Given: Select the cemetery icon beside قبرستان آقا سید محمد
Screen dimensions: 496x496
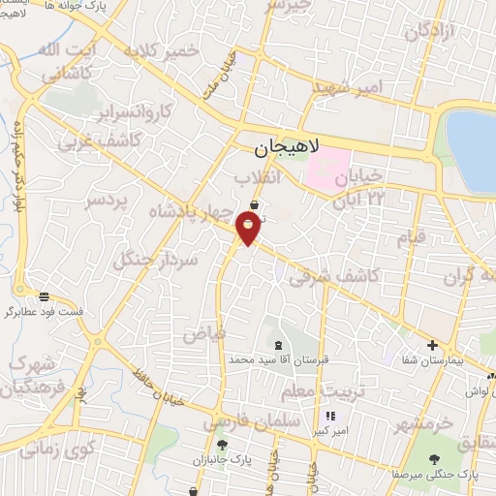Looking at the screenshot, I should (279, 345).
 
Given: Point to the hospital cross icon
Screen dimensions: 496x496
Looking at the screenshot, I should (432, 345).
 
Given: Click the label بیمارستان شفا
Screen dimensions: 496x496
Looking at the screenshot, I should (432, 359).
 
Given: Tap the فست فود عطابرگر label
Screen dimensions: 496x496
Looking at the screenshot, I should (43, 312).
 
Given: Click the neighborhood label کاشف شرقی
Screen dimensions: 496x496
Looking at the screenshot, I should (334, 275).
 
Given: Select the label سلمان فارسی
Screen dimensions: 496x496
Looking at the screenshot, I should (241, 420).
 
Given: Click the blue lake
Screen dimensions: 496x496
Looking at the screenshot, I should (473, 145).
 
